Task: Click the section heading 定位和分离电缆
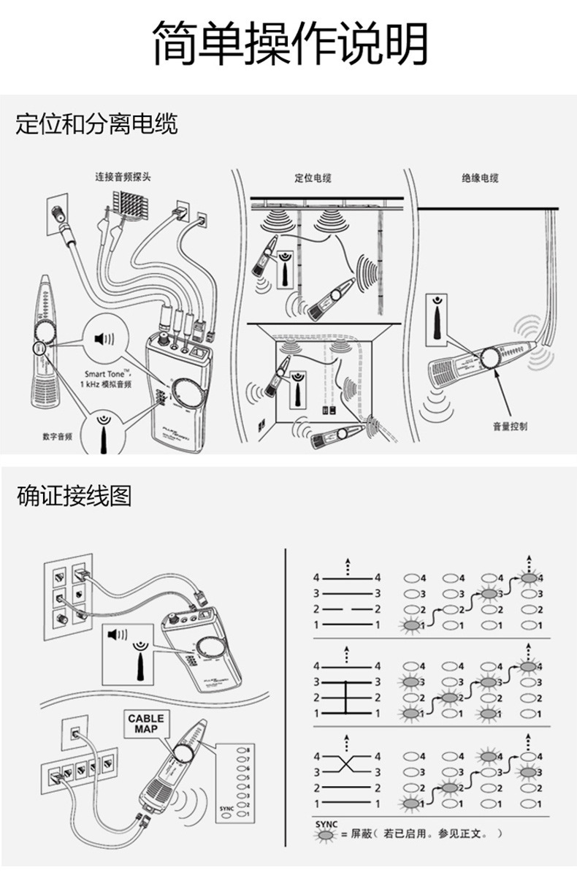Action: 96,123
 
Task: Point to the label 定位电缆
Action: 313,178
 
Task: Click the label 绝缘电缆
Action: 480,178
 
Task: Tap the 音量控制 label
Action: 509,426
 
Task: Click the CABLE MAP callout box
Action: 146,723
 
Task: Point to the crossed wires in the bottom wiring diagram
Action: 347,764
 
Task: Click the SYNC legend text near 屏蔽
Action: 326,823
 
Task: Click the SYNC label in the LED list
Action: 226,809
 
